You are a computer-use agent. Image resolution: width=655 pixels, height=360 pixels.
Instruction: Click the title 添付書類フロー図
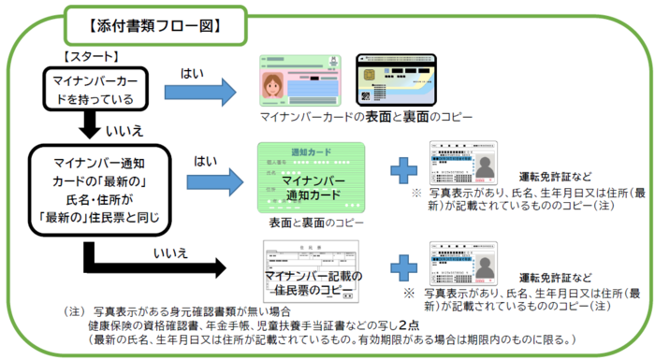[x=155, y=22]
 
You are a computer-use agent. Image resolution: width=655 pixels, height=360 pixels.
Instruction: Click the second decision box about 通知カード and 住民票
[x=92, y=185]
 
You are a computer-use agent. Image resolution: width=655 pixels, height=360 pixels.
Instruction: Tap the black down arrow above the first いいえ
[x=91, y=124]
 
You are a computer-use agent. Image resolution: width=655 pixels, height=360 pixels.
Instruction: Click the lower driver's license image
[x=465, y=264]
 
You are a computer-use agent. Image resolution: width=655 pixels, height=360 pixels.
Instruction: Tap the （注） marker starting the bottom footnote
[x=73, y=310]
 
